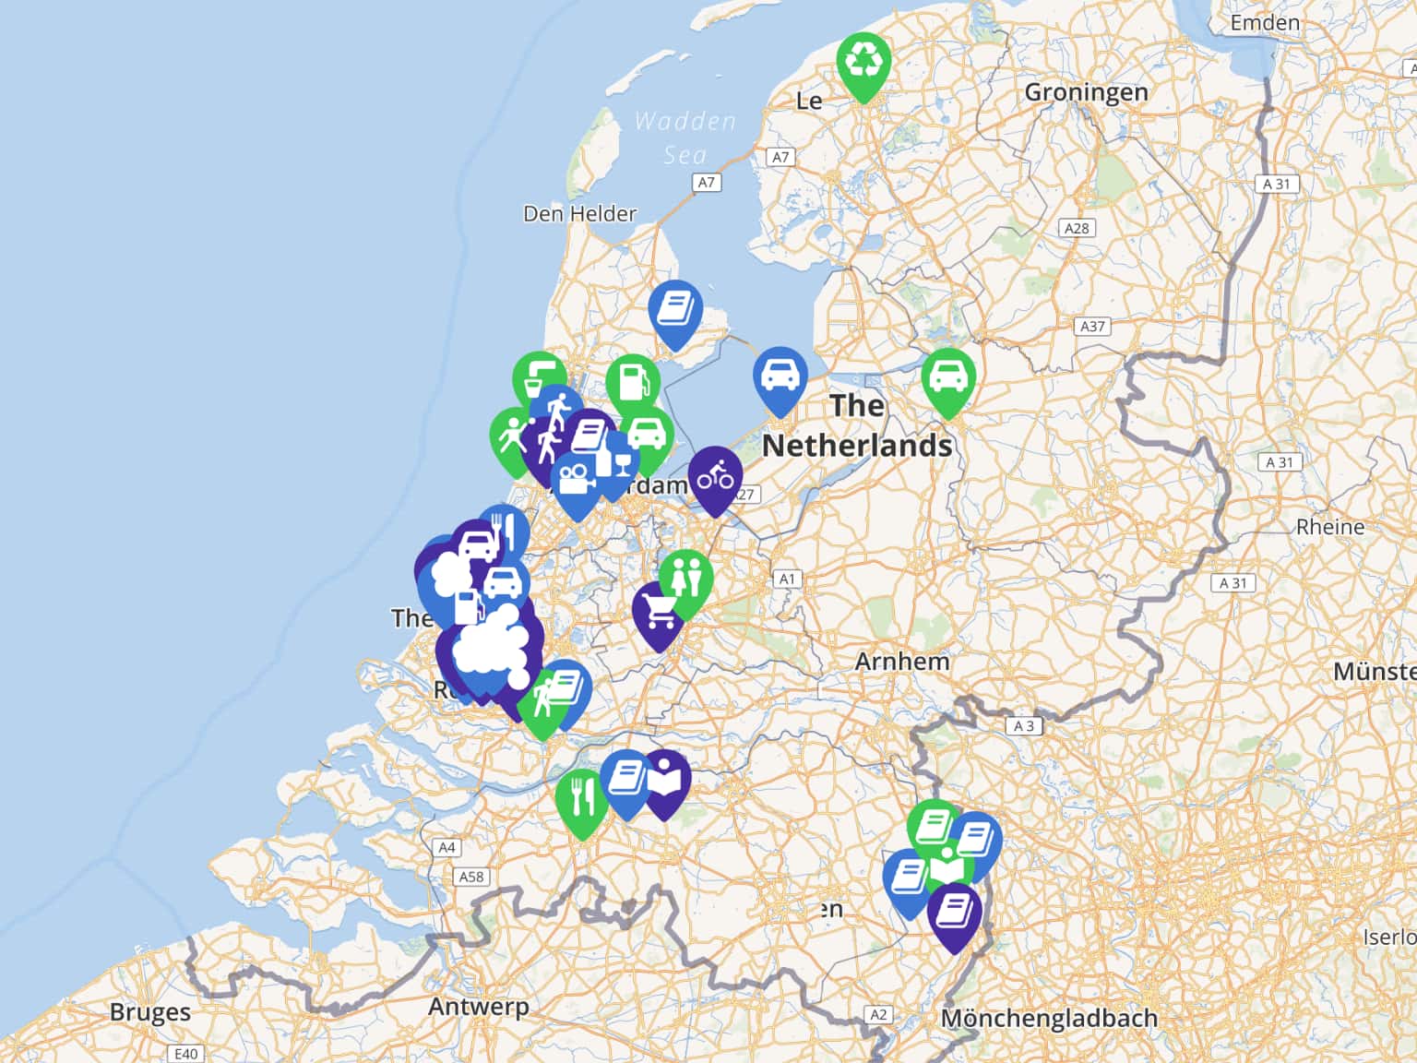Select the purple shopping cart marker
(x=659, y=611)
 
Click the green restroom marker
(x=685, y=579)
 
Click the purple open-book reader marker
(x=666, y=782)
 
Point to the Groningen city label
(x=1086, y=92)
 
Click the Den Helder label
(x=579, y=214)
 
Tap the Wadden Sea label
(x=685, y=137)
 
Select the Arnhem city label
(x=901, y=662)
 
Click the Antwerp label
(x=478, y=1006)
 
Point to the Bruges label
(x=149, y=1011)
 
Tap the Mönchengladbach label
(x=1049, y=1019)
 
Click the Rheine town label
(x=1329, y=527)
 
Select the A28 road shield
(x=1077, y=228)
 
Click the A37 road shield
(x=1092, y=326)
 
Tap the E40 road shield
(x=185, y=1053)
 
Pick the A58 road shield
(x=471, y=877)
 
